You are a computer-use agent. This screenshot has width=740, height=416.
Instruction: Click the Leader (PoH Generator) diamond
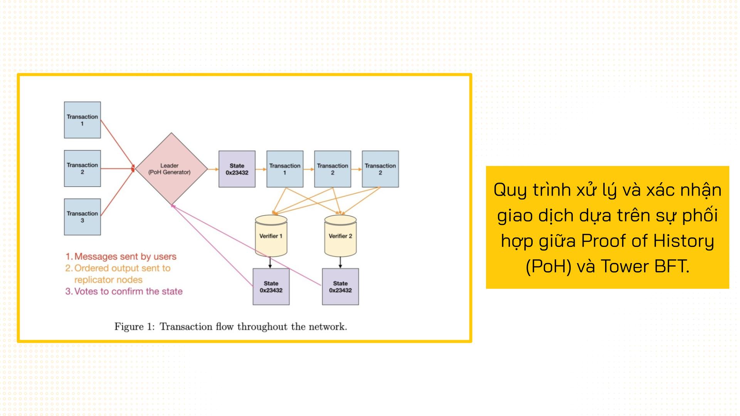171,169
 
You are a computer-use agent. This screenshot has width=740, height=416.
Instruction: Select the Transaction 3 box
82,217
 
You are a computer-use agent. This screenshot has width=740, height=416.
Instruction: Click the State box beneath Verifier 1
271,287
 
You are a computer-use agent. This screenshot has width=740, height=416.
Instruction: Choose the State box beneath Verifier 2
340,287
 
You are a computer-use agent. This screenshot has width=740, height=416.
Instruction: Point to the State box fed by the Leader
237,169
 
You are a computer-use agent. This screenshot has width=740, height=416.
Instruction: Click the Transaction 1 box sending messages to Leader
82,120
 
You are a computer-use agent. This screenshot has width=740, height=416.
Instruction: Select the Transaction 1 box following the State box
285,169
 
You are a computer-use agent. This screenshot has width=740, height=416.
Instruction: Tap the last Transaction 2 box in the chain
380,169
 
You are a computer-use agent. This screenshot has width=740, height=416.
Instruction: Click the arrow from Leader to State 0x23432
213,169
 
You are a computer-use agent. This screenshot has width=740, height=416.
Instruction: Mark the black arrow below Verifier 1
270,263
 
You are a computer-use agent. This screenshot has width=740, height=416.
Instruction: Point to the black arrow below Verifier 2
340,263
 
